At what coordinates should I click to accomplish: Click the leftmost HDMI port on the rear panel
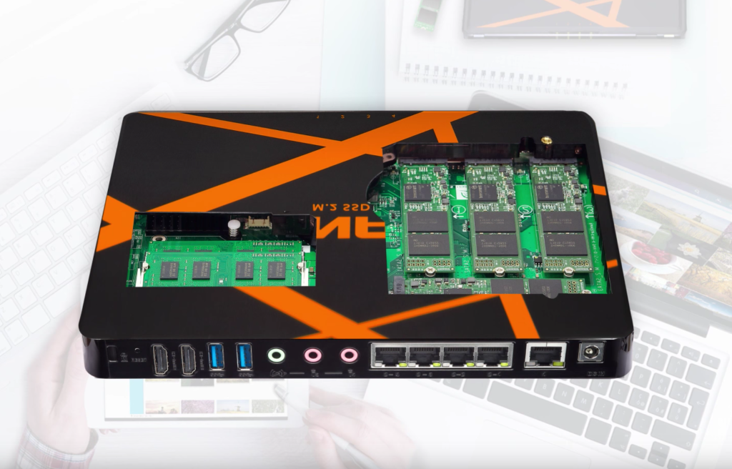pyautogui.click(x=160, y=357)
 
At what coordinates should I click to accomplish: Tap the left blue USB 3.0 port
pyautogui.click(x=216, y=357)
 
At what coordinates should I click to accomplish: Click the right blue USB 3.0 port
pyautogui.click(x=244, y=357)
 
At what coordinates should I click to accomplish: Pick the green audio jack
pyautogui.click(x=276, y=355)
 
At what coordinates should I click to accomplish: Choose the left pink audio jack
pyautogui.click(x=312, y=355)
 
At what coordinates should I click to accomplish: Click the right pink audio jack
pyautogui.click(x=348, y=355)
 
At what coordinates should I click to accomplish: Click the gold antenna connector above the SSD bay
pyautogui.click(x=546, y=143)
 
